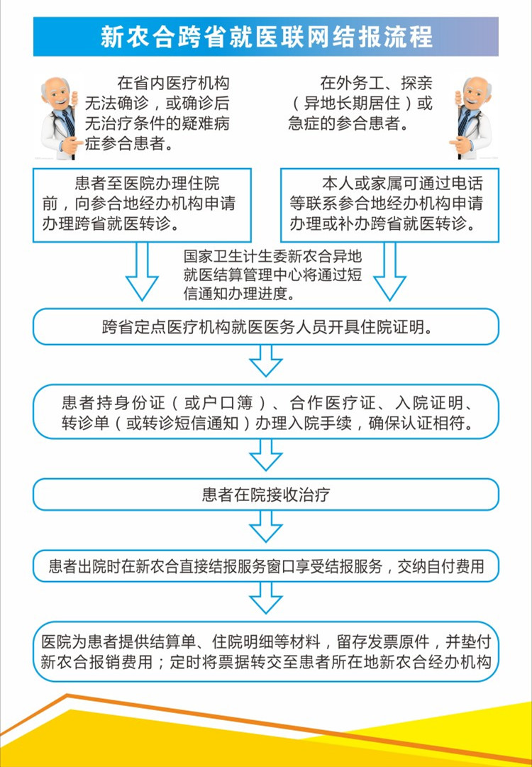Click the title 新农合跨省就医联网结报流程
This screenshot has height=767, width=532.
click(266, 37)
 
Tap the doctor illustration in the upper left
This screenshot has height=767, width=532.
click(59, 118)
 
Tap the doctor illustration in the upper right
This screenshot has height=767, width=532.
click(472, 118)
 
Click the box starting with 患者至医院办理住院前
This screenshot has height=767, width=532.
click(142, 205)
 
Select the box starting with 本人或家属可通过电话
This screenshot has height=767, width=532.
click(389, 205)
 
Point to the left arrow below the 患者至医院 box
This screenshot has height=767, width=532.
click(142, 272)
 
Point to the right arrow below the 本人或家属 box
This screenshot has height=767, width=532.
click(389, 272)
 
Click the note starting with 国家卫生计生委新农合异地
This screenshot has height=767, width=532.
click(273, 275)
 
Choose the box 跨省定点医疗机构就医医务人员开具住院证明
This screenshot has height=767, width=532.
click(266, 327)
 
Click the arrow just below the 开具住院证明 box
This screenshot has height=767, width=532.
click(266, 361)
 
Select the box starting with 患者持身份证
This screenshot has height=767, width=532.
click(266, 412)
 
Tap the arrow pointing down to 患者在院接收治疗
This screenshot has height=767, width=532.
click(266, 455)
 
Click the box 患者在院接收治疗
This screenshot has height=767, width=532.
click(266, 495)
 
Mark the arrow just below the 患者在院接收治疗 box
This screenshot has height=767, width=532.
click(266, 526)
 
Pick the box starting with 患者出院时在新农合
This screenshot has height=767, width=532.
click(266, 566)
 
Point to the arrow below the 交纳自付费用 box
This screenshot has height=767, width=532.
click(266, 598)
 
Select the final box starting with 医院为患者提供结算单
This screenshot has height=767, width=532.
click(266, 651)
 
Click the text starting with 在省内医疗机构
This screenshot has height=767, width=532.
click(157, 114)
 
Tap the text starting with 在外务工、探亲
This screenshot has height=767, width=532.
click(361, 103)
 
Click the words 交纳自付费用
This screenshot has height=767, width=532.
click(440, 566)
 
